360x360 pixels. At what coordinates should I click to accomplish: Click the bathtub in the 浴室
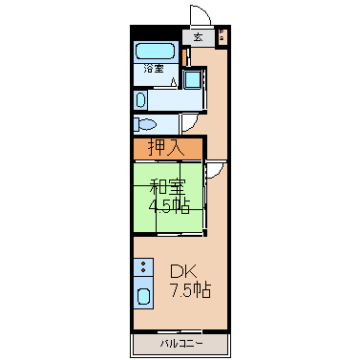click(x=156, y=52)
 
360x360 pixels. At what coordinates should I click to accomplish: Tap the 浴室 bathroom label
click(x=154, y=69)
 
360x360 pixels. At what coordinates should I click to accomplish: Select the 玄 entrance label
click(x=198, y=37)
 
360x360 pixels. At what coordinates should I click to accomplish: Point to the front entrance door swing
click(x=201, y=15)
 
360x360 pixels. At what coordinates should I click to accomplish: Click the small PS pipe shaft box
click(x=222, y=35)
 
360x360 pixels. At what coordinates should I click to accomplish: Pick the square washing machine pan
click(x=192, y=78)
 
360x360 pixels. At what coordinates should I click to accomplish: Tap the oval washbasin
click(x=140, y=99)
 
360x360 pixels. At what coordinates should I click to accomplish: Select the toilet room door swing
click(x=190, y=123)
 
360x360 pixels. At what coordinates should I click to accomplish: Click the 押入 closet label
click(x=166, y=148)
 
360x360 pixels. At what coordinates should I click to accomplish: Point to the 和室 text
click(x=167, y=187)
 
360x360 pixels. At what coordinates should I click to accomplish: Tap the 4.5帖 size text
click(x=169, y=206)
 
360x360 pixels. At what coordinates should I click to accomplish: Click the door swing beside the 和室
click(x=215, y=170)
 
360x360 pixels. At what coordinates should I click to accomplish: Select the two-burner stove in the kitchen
click(x=143, y=266)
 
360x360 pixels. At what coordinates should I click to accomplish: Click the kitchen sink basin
click(x=143, y=297)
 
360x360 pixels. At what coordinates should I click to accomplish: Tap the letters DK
click(x=183, y=272)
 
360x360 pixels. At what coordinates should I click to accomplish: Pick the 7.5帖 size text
click(x=191, y=289)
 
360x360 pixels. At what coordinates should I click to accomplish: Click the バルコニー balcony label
click(x=181, y=344)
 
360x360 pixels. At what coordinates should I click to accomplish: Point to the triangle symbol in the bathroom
click(x=173, y=82)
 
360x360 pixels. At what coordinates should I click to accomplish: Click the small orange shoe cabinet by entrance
click(x=184, y=57)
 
